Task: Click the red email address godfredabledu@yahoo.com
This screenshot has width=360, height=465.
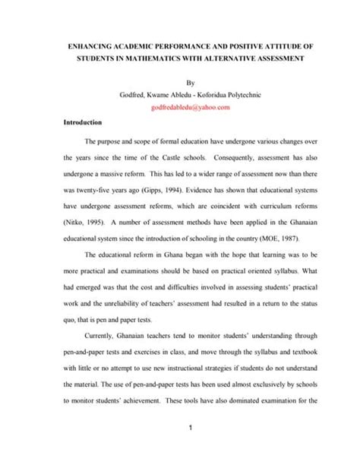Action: pyautogui.click(x=180, y=107)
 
